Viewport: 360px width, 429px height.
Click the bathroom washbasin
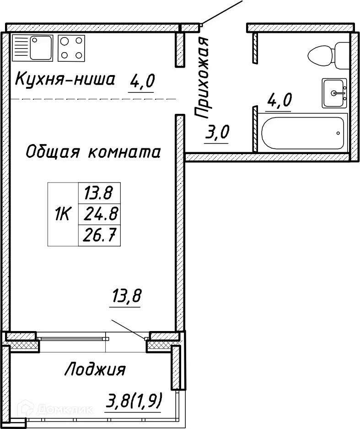tap(334, 93)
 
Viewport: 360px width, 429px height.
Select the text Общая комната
tap(93, 151)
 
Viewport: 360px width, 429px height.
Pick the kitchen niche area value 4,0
tap(143, 82)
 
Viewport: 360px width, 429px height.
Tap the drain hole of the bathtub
tap(338, 133)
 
